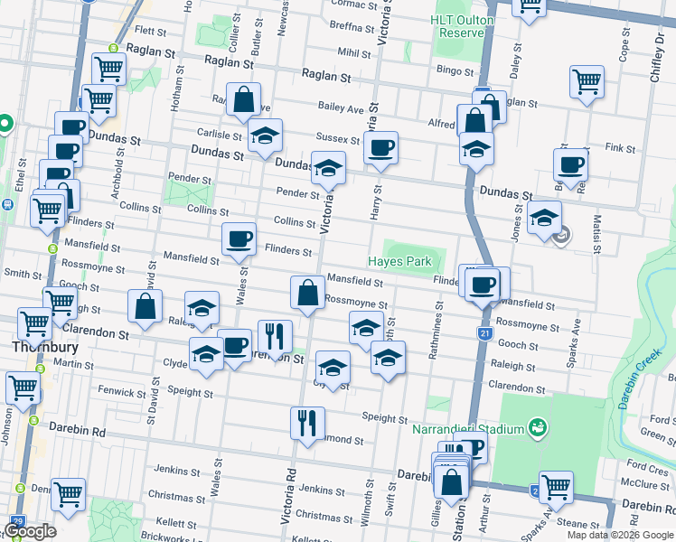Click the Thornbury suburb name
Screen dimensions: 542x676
[35, 346]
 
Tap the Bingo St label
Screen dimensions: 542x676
[455, 70]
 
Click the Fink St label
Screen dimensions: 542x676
[621, 146]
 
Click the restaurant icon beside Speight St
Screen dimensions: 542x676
[307, 421]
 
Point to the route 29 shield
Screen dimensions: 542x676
[17, 522]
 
